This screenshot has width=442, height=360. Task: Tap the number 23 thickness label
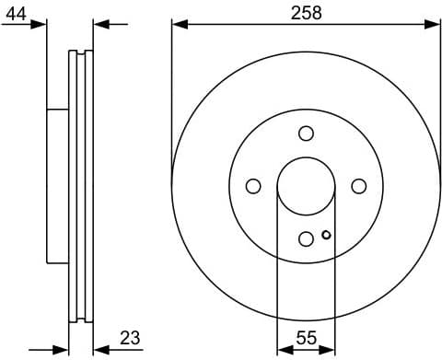(130, 338)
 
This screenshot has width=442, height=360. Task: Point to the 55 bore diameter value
(306, 338)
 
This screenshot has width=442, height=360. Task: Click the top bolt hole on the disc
(306, 134)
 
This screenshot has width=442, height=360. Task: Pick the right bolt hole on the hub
(358, 186)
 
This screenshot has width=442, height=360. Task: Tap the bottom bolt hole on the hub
(306, 238)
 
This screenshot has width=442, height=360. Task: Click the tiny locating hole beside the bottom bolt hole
(326, 235)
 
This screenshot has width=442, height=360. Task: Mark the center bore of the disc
(306, 186)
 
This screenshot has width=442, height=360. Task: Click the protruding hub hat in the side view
(57, 186)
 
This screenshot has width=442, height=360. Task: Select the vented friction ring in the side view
(81, 186)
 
